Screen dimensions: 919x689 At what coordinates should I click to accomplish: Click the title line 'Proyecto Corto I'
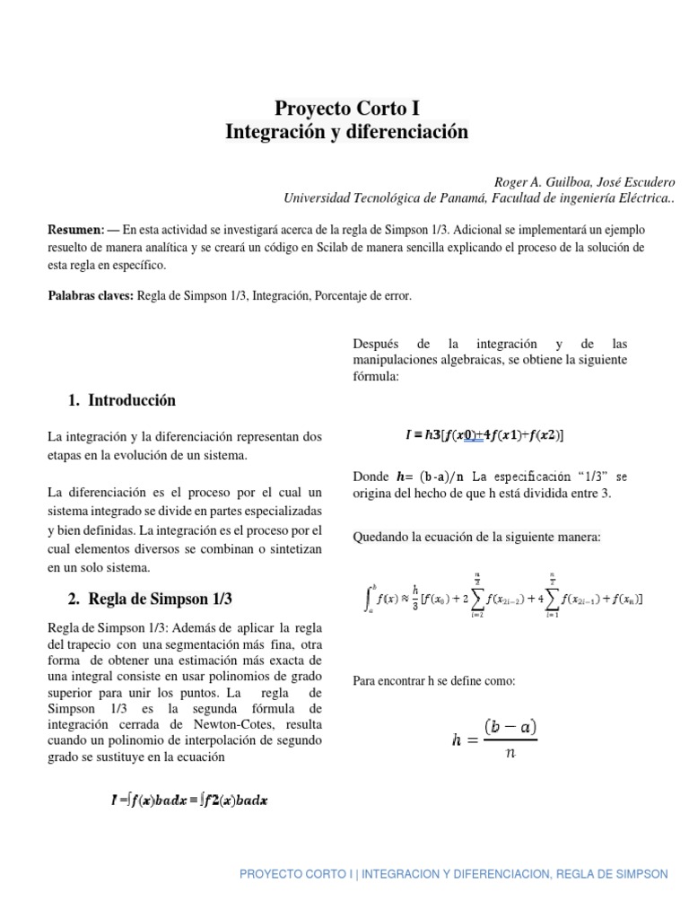click(346, 109)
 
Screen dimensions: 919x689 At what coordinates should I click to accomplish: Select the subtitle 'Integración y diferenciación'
click(346, 132)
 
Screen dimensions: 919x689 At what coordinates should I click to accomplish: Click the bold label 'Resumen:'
click(76, 229)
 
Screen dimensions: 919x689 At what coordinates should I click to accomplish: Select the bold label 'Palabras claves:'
click(90, 295)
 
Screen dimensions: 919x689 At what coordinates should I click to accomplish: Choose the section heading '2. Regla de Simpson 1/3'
click(144, 599)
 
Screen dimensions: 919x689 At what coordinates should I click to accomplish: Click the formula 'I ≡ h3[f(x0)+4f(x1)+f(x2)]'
click(484, 435)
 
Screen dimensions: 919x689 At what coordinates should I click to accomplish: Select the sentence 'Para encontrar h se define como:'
click(434, 681)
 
